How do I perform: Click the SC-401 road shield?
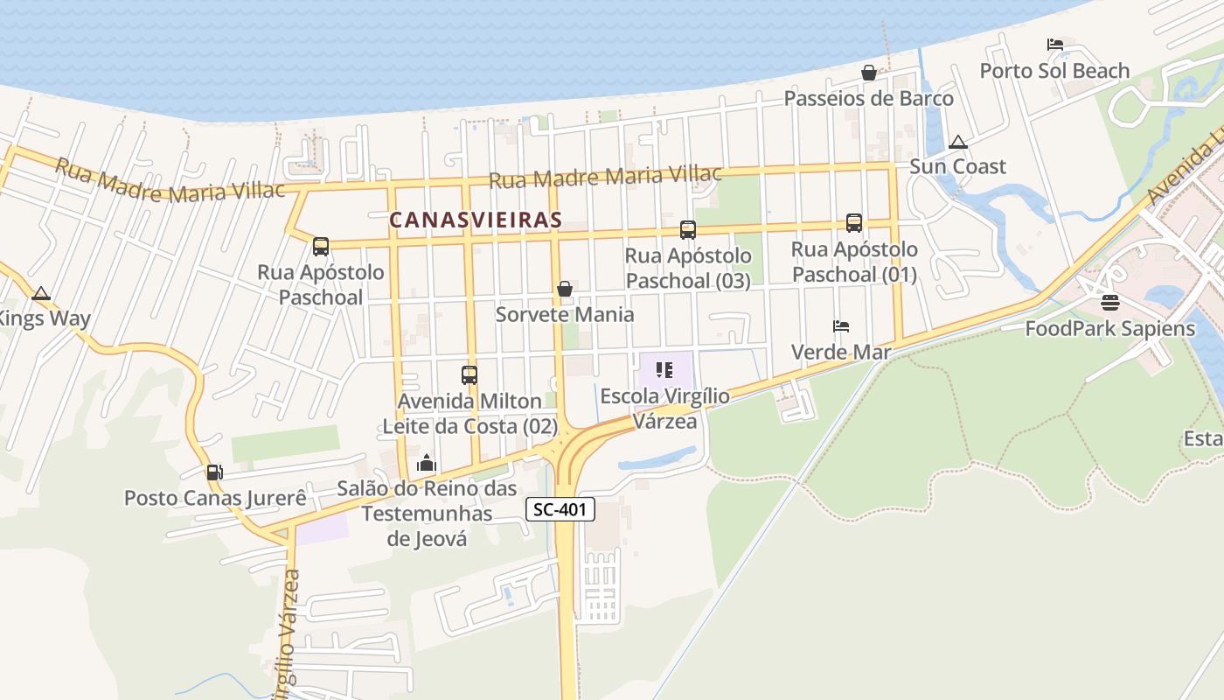561,509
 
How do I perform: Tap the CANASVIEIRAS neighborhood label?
475,220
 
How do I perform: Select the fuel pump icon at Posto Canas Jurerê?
214,472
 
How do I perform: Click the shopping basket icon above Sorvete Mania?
565,288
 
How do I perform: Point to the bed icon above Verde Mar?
841,326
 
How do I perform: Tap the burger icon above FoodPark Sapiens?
1110,303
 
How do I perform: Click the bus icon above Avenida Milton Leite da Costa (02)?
469,375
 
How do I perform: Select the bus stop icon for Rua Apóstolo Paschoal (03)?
688,230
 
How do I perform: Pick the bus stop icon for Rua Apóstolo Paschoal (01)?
854,223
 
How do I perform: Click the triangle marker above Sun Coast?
958,142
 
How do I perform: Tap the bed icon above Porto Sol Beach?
1055,45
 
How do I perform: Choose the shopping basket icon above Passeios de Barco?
869,73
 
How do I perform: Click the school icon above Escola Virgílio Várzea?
664,371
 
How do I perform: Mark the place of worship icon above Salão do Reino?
427,462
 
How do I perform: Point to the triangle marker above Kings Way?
40,293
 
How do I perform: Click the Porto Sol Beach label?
1054,71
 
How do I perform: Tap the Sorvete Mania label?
565,314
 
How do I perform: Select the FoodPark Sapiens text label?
1109,329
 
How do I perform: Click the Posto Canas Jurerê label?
215,499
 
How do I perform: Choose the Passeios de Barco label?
868,99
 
